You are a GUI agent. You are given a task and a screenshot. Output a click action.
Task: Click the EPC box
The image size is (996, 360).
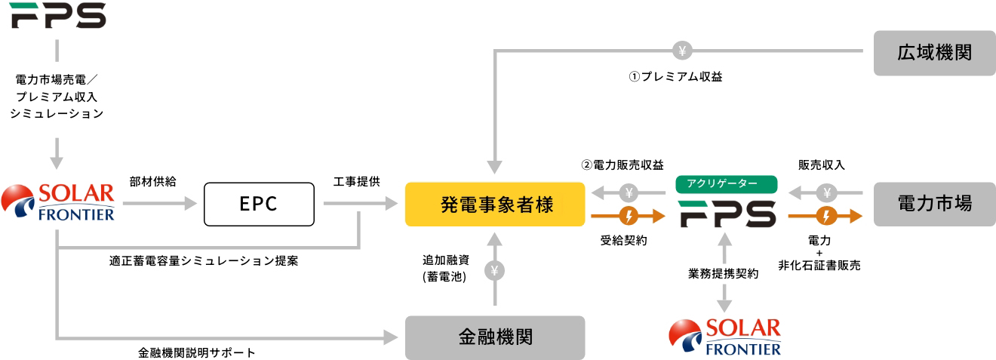tap(258, 204)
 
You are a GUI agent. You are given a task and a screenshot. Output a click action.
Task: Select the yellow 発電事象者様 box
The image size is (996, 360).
tap(495, 204)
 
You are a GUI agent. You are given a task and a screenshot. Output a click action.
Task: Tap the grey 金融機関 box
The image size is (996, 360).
tap(495, 337)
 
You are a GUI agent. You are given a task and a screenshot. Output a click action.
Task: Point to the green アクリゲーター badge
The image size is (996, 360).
tap(726, 184)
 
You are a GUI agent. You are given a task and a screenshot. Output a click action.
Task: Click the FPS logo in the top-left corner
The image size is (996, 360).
tap(58, 16)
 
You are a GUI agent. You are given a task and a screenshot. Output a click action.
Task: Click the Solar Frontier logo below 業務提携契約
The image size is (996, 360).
tap(726, 336)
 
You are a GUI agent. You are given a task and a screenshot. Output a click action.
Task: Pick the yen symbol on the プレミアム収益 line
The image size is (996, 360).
tap(681, 51)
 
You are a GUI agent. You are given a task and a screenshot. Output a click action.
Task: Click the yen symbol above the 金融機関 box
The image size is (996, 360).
tap(495, 269)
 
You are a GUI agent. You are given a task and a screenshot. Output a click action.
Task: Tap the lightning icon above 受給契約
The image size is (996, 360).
tap(628, 216)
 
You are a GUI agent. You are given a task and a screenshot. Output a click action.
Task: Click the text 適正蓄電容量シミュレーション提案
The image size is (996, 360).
tap(203, 261)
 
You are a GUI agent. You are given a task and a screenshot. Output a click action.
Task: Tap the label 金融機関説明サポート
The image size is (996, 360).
tap(197, 352)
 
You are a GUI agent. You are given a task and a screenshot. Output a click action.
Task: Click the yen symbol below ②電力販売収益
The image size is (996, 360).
tap(628, 192)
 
